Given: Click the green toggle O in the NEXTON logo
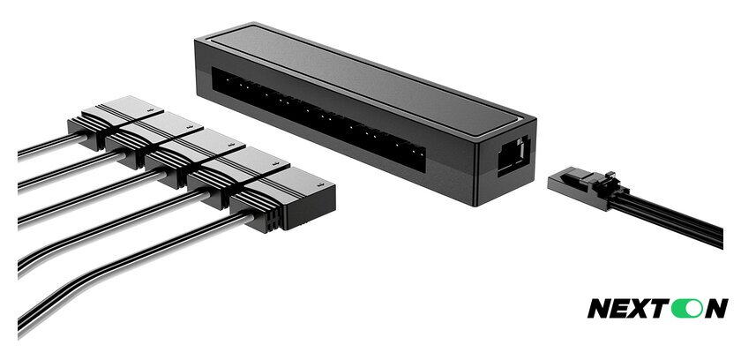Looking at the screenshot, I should click(685, 308).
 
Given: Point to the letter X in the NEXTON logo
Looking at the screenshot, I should click(641, 308).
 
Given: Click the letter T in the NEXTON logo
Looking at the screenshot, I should click(661, 308).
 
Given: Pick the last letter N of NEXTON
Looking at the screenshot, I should click(714, 308).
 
